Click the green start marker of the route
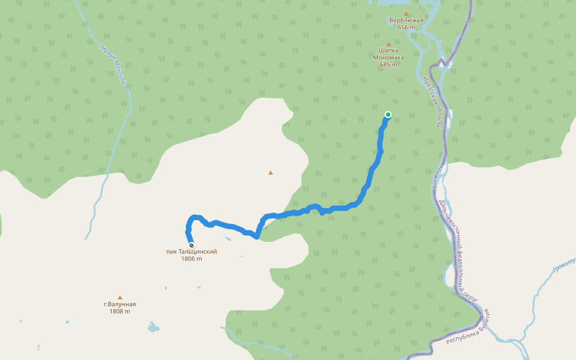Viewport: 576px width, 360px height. pos(388,115)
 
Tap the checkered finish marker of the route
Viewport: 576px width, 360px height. pos(191,245)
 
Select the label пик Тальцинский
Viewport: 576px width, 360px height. pos(191,252)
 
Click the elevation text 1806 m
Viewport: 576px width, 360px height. pos(191,259)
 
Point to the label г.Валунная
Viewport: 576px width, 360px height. pos(119,304)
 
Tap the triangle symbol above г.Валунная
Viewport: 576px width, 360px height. pos(120,297)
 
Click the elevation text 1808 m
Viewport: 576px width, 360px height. pos(119,311)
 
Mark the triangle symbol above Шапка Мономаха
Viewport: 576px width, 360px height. pos(388,44)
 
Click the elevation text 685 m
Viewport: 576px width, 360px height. pos(388,65)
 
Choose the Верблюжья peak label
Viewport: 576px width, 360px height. pos(406,20)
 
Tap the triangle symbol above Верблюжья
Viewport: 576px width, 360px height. pos(406,13)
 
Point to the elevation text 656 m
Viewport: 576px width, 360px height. pos(406,28)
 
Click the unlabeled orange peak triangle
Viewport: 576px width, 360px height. pos(271,173)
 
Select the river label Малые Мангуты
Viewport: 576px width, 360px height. pos(113,65)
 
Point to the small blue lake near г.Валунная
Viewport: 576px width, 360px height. pos(154,328)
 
